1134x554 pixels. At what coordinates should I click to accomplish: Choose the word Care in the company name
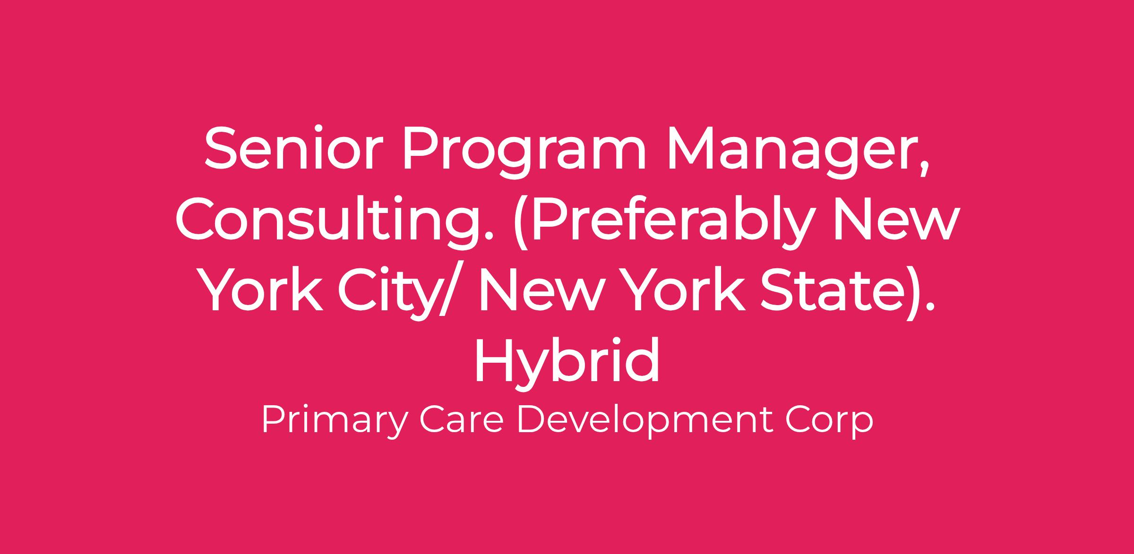(x=461, y=421)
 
